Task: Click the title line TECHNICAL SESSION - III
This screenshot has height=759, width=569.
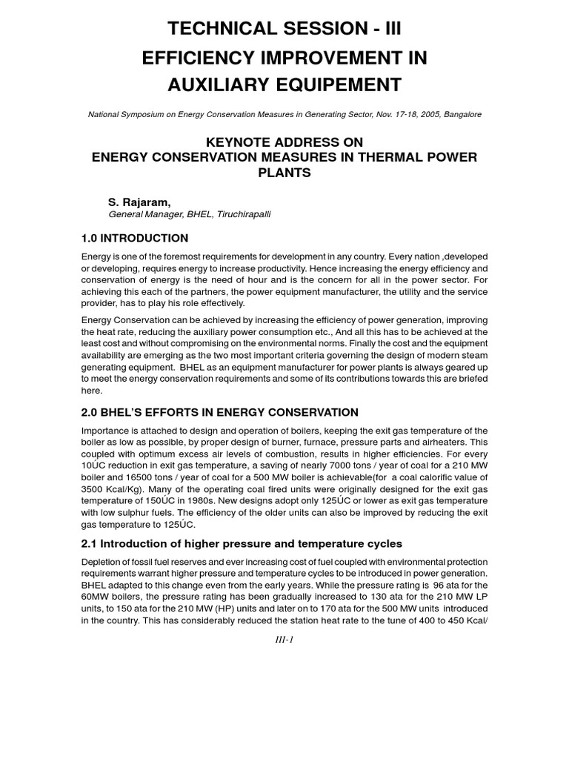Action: click(284, 29)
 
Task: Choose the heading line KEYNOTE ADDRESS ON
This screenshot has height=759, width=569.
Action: click(284, 142)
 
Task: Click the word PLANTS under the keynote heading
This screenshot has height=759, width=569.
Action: click(284, 173)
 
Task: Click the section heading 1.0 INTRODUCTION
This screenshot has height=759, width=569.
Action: click(135, 238)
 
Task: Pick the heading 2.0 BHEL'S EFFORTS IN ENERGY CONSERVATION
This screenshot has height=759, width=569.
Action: click(219, 412)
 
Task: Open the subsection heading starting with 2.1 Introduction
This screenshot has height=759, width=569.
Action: click(242, 543)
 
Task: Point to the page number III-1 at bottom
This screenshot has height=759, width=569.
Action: click(284, 640)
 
